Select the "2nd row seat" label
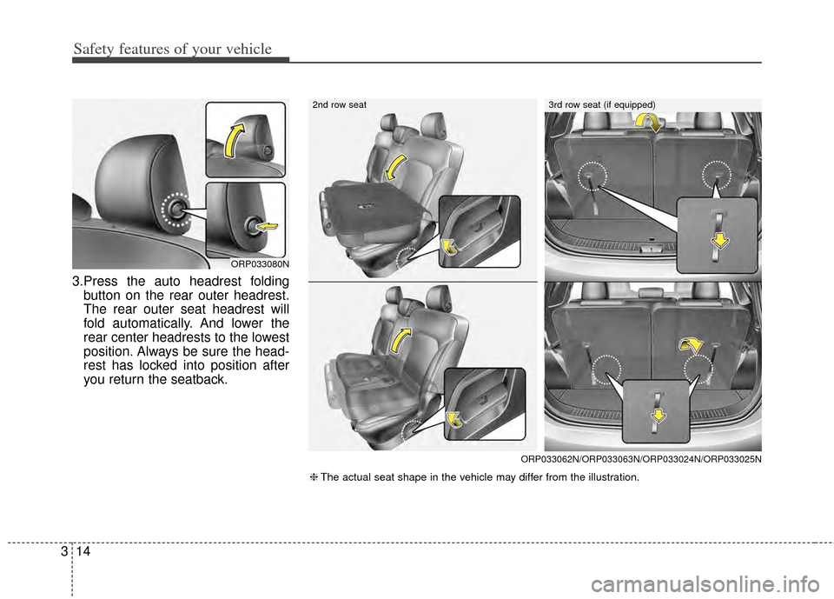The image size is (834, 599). point(339,104)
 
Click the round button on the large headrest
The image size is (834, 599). point(176,208)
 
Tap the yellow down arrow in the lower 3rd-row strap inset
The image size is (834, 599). point(659,412)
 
